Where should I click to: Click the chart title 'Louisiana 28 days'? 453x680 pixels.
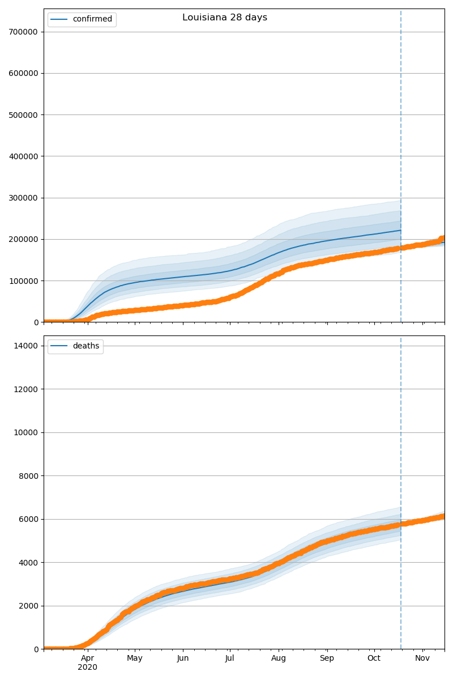click(225, 18)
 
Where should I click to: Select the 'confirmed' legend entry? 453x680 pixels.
click(92, 19)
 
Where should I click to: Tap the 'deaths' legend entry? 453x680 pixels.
click(86, 346)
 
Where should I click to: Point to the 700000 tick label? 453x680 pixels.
click(23, 32)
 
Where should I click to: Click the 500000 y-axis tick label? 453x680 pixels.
click(23, 115)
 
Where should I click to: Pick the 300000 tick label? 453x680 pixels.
click(23, 198)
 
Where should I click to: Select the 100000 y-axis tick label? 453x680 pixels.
click(23, 281)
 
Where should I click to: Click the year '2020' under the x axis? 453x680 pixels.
click(87, 667)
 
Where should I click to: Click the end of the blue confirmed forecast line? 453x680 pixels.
click(400, 230)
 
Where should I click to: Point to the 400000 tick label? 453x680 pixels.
click(23, 156)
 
